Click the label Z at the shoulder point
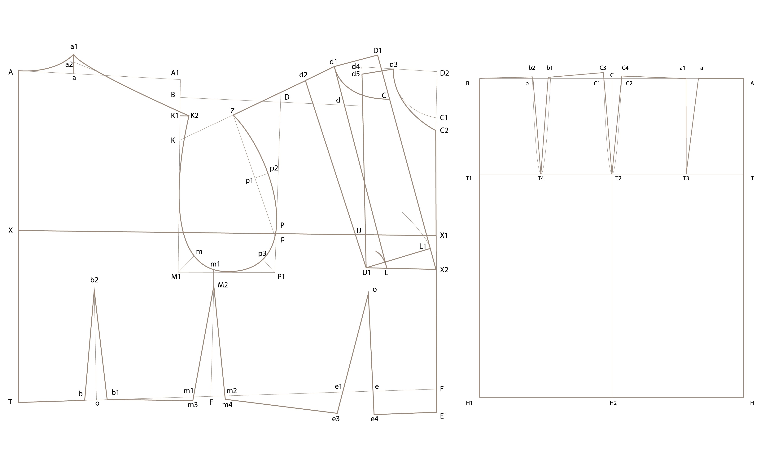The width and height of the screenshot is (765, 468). tap(232, 111)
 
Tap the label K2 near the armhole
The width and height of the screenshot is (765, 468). tap(194, 116)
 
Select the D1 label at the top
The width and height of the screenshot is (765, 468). tap(378, 51)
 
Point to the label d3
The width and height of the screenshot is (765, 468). tap(393, 64)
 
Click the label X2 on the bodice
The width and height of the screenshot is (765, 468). tap(444, 270)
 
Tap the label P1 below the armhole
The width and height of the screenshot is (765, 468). tap(281, 277)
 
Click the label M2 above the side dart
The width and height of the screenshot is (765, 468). tap(223, 285)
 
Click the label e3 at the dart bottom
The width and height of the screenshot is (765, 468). tap(336, 419)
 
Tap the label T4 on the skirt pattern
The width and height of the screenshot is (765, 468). tap(541, 178)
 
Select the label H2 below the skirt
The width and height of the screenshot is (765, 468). tap(613, 403)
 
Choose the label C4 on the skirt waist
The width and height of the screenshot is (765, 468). tap(625, 68)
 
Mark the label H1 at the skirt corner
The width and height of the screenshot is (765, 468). tap(469, 403)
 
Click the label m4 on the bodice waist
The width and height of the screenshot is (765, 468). tap(227, 405)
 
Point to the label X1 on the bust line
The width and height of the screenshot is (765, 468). tap(444, 236)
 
